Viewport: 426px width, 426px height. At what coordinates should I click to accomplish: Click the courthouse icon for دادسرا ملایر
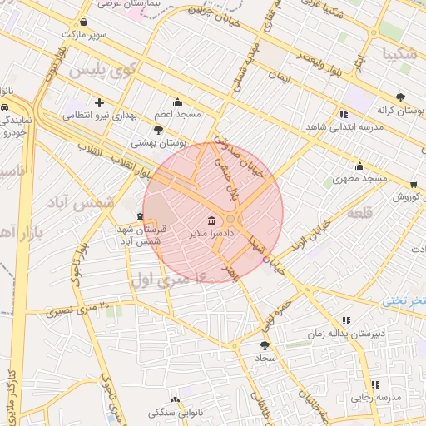211,220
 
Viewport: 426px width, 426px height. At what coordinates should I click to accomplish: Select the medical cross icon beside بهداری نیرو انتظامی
100,103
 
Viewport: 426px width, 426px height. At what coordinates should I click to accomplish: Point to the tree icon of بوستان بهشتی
158,131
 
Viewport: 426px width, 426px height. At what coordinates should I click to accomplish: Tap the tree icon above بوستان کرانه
401,97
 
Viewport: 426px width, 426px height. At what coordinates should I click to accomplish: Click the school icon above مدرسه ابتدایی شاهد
343,114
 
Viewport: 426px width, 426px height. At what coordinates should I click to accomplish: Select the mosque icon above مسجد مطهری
359,166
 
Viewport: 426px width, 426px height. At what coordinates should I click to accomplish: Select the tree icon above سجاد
265,344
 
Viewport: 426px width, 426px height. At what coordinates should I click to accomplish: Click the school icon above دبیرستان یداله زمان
346,320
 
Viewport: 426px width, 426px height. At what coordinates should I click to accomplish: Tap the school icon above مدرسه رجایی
375,384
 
